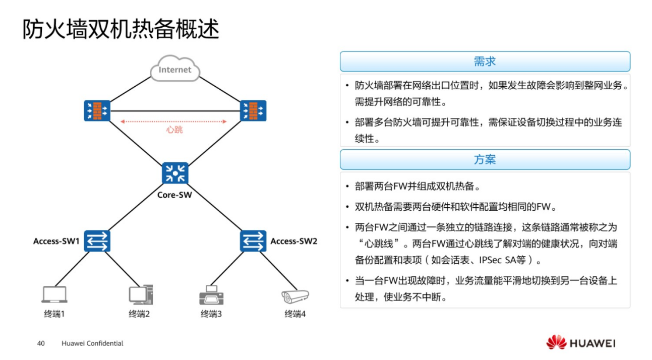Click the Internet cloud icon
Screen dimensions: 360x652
tap(175, 70)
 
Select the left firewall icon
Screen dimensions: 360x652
tap(97, 110)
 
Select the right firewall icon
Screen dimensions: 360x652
tap(253, 110)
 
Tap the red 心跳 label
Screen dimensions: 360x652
tap(174, 130)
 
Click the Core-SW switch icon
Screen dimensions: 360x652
tap(175, 173)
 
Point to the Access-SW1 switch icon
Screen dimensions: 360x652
tap(97, 241)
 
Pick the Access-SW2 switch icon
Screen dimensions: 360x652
tap(253, 241)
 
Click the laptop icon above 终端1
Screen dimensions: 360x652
tap(54, 294)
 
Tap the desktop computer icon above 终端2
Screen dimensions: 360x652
tap(140, 294)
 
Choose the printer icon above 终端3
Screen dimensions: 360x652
tap(211, 295)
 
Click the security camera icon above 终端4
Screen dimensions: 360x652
tap(295, 295)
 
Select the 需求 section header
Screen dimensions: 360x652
tap(485, 62)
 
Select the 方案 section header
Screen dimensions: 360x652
tap(485, 159)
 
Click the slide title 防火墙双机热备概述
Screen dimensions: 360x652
tap(121, 30)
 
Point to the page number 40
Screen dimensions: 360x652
tap(41, 343)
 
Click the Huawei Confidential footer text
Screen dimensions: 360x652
tap(92, 343)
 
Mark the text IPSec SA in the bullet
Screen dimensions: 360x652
tap(498, 261)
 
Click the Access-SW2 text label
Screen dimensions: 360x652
tap(294, 241)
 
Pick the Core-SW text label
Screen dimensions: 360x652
tap(174, 194)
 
